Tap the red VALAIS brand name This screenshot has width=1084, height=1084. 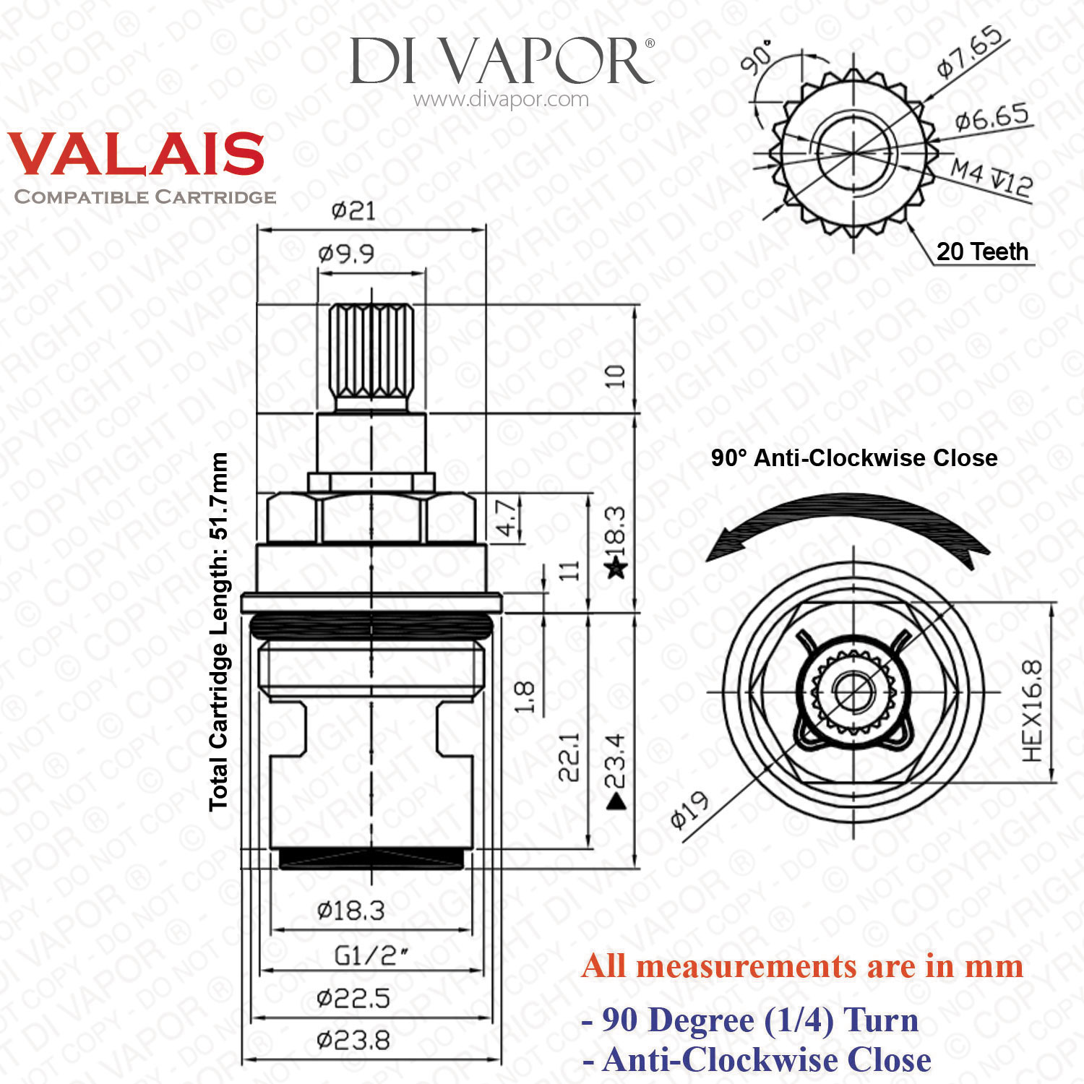point(136,154)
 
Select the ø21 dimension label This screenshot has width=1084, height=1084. point(353,211)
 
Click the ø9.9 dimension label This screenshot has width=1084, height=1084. point(346,254)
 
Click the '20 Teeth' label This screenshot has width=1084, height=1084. point(982,251)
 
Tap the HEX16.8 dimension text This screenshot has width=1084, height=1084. point(1033,710)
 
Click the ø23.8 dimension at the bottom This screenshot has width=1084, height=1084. point(353,1041)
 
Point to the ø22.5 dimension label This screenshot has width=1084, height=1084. point(353,999)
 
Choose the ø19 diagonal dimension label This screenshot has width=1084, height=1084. point(689,809)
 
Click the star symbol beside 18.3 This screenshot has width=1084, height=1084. point(616,568)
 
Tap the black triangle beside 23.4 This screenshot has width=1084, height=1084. point(616,801)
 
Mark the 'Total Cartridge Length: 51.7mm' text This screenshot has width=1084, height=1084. point(219,632)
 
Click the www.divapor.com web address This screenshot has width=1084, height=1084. point(501,100)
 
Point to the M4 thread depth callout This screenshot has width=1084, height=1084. point(991,178)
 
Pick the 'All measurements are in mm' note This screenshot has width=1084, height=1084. point(802,966)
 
